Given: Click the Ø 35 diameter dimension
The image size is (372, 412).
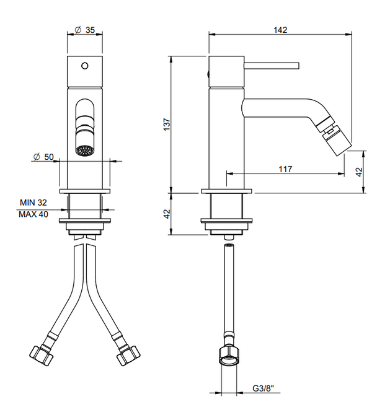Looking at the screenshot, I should (x=86, y=30).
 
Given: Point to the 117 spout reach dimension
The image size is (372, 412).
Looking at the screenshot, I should (x=285, y=169).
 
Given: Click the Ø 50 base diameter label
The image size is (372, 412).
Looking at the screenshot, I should (x=43, y=157).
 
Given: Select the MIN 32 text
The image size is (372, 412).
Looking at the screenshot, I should (x=33, y=203).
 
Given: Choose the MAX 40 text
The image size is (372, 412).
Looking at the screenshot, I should (x=33, y=214).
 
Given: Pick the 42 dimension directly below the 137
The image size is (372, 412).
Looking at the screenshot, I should (x=166, y=214).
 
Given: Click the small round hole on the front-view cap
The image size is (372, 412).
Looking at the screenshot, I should (x=85, y=64).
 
